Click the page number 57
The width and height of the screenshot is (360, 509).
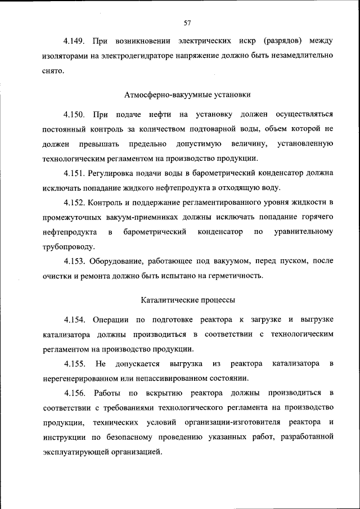pyautogui.click(x=188, y=22)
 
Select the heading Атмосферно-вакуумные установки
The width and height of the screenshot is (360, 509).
pyautogui.click(x=188, y=95)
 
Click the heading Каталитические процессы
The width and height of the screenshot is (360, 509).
pyautogui.click(x=188, y=300)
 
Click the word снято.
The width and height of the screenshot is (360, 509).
pyautogui.click(x=53, y=71)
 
